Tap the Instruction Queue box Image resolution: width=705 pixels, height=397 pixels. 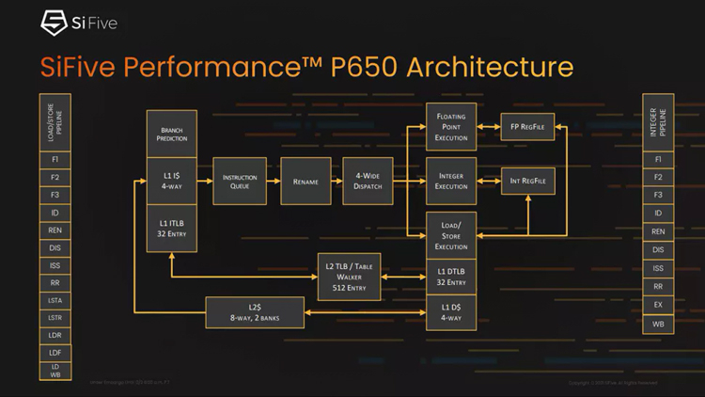pos(239,182)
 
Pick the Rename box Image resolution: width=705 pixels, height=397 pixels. pos(306,182)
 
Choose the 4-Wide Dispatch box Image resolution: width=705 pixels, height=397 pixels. pos(367,182)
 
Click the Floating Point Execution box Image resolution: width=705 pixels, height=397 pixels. pos(451,127)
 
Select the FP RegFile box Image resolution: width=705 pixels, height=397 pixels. pos(527,126)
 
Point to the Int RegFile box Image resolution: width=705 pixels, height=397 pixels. pos(527,180)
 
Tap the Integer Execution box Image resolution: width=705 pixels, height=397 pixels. pos(451,180)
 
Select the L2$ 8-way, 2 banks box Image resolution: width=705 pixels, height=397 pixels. pos(256,312)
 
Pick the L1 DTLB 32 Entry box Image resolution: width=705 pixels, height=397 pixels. pos(451,277)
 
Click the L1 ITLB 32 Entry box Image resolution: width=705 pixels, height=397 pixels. pos(171,228)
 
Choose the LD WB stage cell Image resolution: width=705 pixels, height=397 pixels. pos(55,370)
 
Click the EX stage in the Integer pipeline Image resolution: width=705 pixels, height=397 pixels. pos(658,305)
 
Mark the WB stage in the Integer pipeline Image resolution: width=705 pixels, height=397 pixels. pos(658,324)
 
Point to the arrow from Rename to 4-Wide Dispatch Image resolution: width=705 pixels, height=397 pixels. pos(337,182)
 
